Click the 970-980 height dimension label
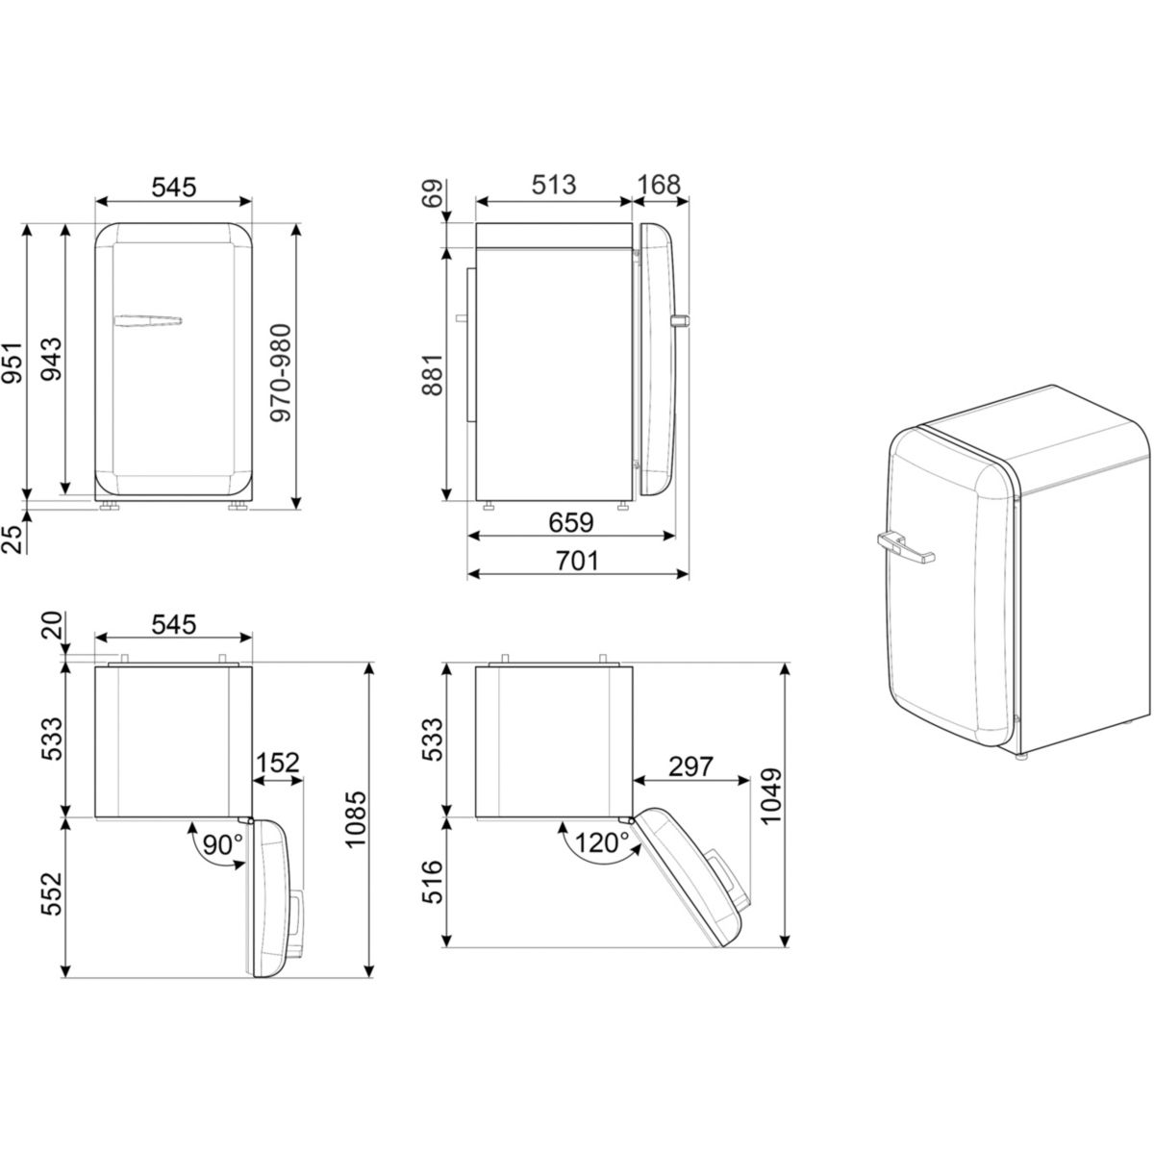point(280,372)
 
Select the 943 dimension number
point(51,359)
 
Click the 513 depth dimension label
point(553,185)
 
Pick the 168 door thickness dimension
point(659,185)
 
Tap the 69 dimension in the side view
point(433,194)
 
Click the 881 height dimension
point(433,375)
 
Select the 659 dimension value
point(570,523)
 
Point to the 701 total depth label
point(577,561)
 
